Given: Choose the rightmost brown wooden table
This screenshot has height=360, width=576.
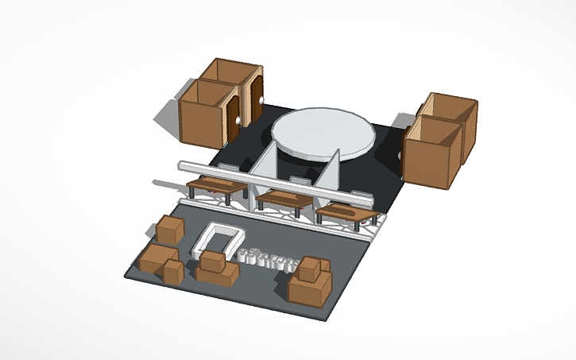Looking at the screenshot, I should tap(346, 212).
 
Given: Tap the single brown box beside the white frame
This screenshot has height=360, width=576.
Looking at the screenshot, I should tap(169, 230).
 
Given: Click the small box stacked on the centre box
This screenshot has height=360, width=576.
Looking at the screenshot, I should tap(212, 260).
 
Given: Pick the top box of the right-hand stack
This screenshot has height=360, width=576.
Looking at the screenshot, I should tap(312, 269).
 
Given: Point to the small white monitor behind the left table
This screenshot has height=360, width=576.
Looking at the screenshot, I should tap(228, 168).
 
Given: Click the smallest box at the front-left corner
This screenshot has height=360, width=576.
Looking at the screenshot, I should tap(174, 272).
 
